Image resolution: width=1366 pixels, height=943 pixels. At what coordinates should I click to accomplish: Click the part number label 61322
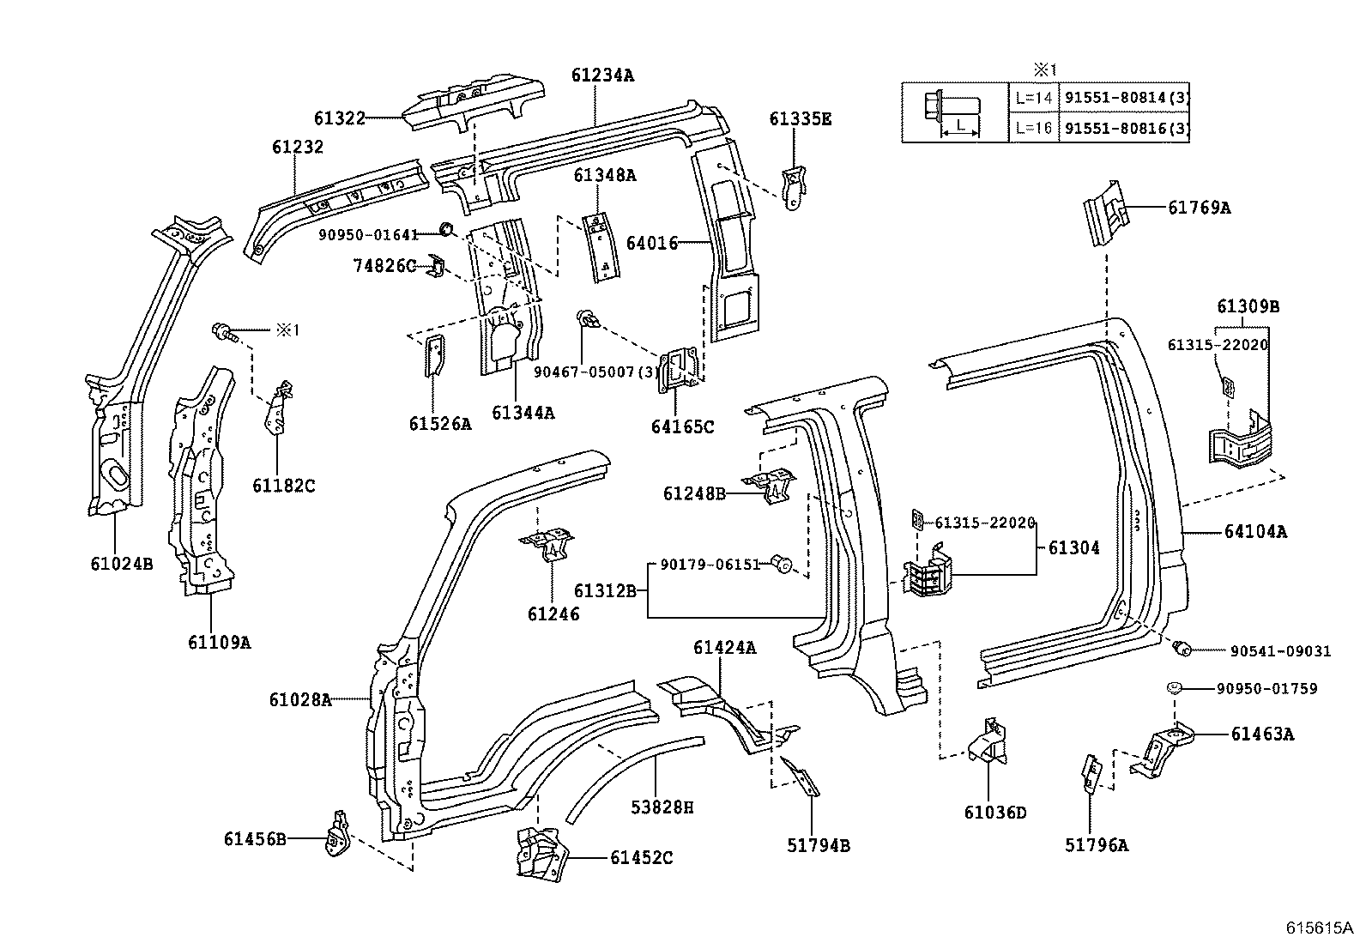[340, 118]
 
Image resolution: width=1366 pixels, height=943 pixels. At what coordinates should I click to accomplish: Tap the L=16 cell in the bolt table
[1033, 129]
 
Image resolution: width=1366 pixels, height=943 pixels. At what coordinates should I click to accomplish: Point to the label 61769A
[1199, 207]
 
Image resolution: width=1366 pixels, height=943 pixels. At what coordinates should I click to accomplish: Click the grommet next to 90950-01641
[446, 228]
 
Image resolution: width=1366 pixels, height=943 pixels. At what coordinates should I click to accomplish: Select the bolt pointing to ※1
[223, 330]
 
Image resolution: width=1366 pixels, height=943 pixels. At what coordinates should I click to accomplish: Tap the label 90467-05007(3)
[595, 372]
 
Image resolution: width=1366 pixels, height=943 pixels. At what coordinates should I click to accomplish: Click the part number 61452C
[642, 857]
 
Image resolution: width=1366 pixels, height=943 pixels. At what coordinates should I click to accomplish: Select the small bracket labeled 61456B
[337, 833]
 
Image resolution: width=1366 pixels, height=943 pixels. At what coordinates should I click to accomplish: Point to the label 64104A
[1255, 532]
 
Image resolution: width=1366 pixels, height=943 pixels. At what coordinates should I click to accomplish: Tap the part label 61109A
[220, 641]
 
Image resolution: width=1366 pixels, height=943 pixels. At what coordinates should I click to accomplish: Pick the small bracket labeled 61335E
[795, 187]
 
